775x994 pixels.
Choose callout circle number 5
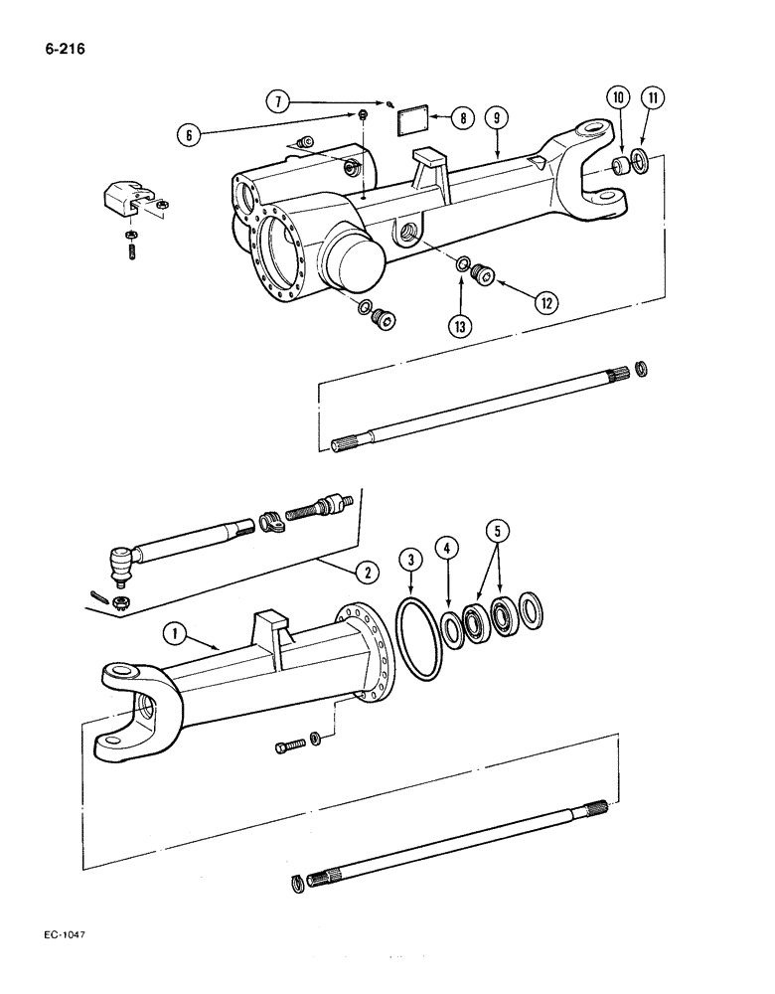(x=500, y=533)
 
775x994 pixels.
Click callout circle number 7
(x=278, y=100)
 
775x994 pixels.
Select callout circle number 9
(x=498, y=118)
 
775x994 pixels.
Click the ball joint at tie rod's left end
(x=122, y=563)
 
